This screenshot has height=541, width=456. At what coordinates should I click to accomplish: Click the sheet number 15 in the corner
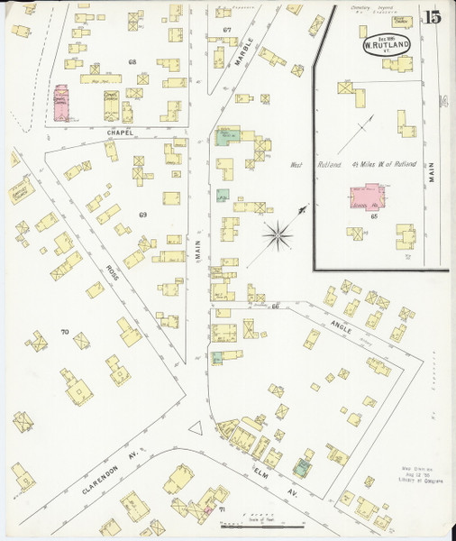tap(433, 16)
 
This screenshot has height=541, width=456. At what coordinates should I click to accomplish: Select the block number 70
tap(64, 333)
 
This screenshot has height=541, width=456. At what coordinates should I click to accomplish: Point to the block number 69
tap(142, 215)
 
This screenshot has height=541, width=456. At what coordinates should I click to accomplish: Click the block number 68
tap(132, 62)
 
